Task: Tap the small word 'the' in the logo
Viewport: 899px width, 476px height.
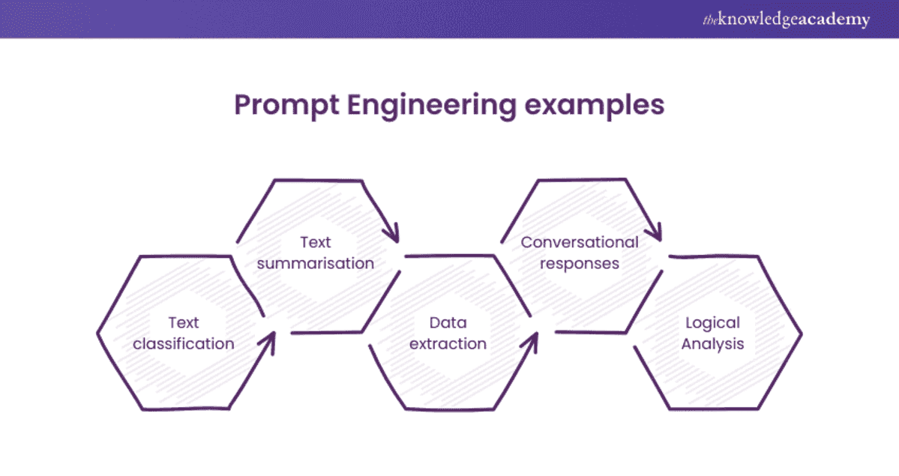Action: (710, 20)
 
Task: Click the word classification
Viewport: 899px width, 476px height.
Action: (184, 343)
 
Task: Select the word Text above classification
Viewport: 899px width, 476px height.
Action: (184, 322)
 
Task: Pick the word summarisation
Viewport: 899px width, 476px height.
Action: (316, 263)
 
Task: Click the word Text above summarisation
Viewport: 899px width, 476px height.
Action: (316, 242)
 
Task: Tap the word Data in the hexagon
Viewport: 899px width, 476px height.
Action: (448, 322)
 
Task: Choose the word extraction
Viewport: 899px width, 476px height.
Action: (448, 343)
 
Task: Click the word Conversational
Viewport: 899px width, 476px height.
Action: (580, 242)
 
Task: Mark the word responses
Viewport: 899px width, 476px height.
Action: (580, 263)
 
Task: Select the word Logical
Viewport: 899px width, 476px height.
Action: (712, 322)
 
